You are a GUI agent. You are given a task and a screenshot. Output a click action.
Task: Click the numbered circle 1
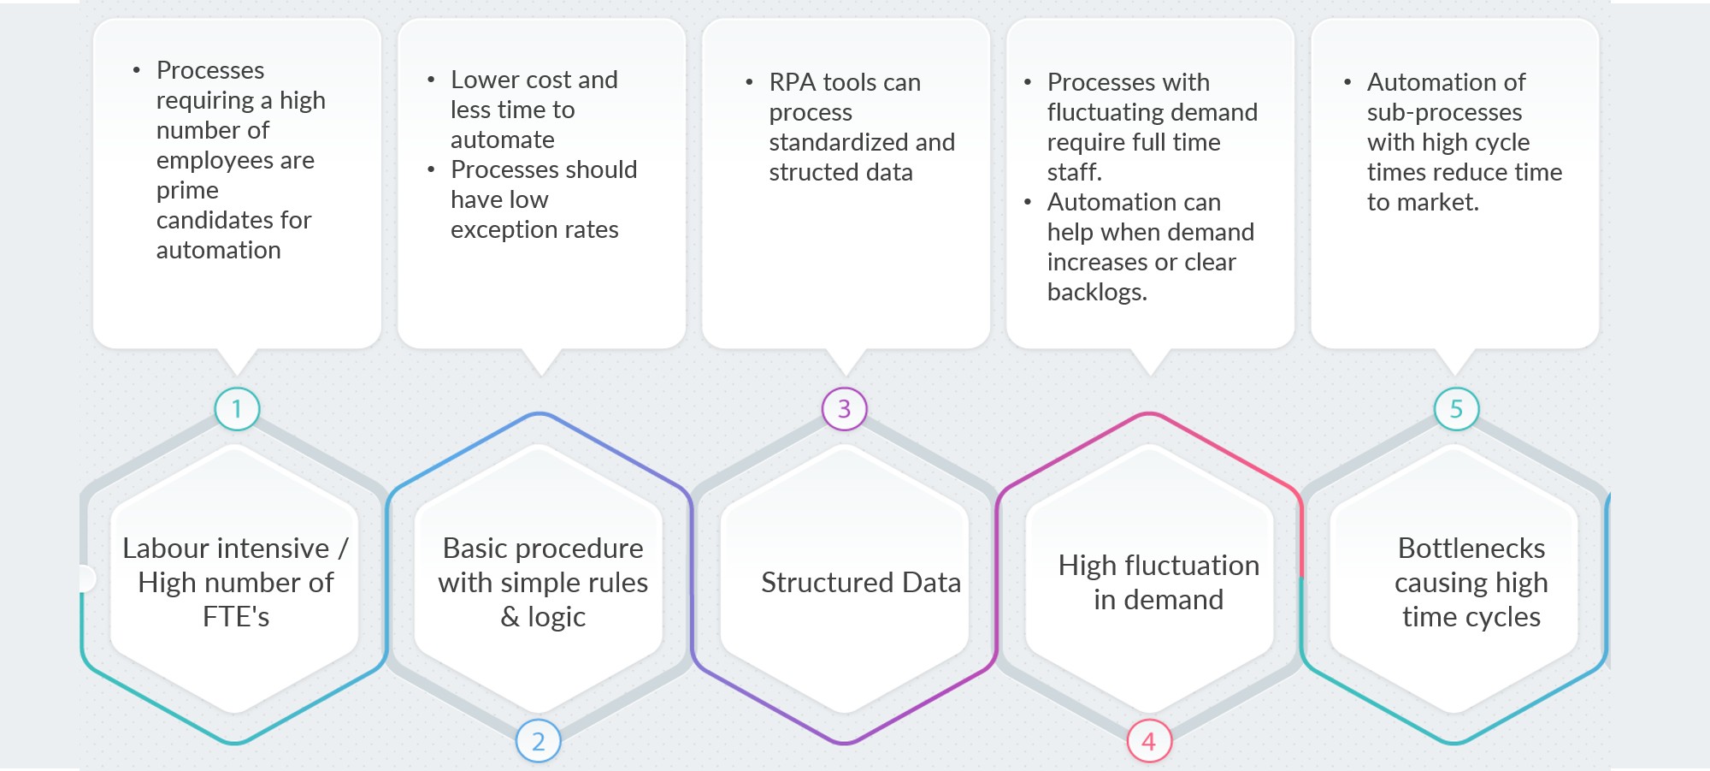tap(237, 409)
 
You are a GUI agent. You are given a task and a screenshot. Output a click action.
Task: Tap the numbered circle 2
tap(538, 741)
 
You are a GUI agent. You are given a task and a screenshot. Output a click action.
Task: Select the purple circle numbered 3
tap(844, 409)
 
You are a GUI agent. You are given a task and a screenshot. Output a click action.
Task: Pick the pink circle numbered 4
tap(1148, 741)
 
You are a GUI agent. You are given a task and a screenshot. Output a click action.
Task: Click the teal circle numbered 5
tap(1456, 409)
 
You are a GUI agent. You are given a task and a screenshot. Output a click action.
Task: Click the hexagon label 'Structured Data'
tap(860, 583)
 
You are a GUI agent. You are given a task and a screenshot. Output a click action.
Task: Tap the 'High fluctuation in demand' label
tap(1159, 583)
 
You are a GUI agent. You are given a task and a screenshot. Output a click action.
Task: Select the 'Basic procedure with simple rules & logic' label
tap(543, 583)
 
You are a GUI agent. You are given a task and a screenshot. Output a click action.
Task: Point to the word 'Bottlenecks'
tap(1471, 549)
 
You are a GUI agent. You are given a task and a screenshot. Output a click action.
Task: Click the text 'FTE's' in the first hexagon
tap(236, 617)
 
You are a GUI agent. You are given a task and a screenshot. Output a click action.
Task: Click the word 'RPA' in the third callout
tap(792, 83)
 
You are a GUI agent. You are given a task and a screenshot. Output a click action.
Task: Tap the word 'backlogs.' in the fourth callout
tap(1097, 293)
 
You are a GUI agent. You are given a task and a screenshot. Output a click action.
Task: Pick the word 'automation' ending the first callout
tap(218, 251)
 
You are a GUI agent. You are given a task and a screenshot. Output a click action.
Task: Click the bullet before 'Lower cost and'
tap(432, 80)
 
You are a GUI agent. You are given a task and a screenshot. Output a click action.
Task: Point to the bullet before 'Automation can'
tap(1028, 203)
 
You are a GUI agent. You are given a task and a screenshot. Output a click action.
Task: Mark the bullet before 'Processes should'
tap(432, 170)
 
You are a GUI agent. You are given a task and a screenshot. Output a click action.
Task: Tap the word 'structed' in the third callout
tap(805, 173)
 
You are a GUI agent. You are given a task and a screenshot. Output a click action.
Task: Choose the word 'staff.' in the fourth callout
tap(1074, 173)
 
